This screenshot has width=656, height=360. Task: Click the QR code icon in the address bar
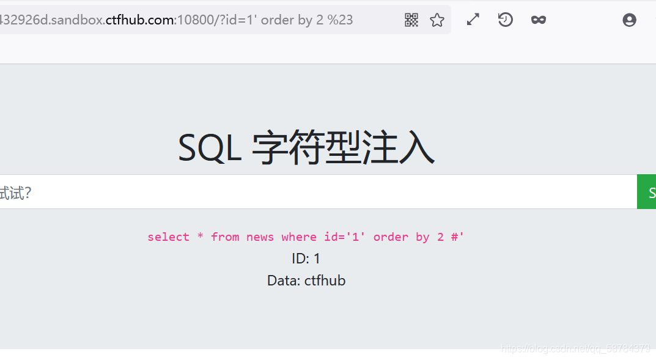click(x=411, y=20)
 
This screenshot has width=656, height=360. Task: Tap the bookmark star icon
click(x=437, y=20)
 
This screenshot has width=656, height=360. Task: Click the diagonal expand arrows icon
click(x=473, y=20)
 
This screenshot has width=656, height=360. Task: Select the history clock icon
click(x=505, y=20)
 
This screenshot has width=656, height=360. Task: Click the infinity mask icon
click(x=538, y=20)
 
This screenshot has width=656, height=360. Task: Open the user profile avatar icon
click(x=629, y=20)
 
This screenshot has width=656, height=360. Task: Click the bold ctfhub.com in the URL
click(x=140, y=20)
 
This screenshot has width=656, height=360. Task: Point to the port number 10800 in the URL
click(x=193, y=20)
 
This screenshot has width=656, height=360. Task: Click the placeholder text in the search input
click(x=15, y=193)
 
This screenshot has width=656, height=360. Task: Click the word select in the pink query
click(x=168, y=237)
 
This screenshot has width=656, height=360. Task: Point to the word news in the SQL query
click(x=260, y=237)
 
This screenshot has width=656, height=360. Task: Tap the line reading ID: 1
click(x=306, y=259)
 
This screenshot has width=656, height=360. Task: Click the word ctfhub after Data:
click(x=325, y=281)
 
